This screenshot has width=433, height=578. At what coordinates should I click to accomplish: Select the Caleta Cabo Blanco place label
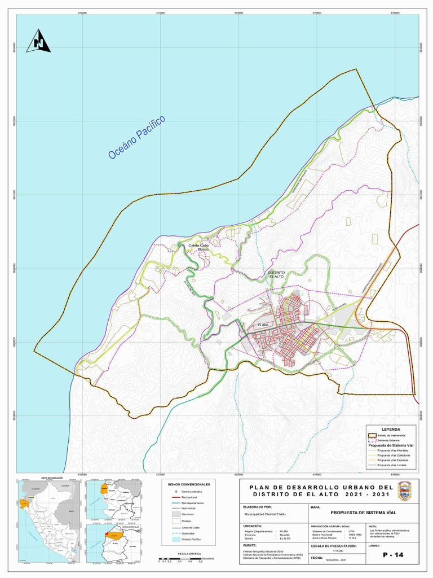(198, 247)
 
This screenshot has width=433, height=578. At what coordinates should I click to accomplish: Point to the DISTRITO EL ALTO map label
(277, 275)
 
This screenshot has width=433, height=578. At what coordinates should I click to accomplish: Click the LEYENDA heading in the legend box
(391, 430)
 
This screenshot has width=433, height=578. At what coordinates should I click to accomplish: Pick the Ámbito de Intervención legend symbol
(372, 436)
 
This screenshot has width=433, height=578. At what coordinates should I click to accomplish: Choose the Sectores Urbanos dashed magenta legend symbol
(372, 440)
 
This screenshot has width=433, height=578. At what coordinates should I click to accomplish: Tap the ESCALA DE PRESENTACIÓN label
(330, 546)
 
